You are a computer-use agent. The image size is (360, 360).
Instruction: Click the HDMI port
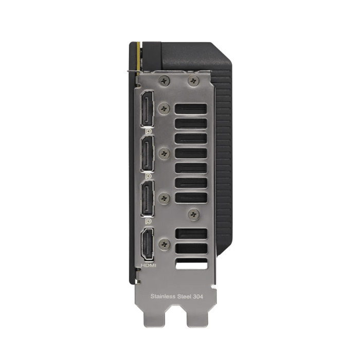pyautogui.click(x=148, y=244)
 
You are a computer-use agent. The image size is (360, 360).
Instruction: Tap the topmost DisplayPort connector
pyautogui.click(x=147, y=109)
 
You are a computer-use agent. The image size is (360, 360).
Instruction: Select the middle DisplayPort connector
pyautogui.click(x=147, y=153)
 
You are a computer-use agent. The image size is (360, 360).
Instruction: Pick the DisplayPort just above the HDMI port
pyautogui.click(x=147, y=199)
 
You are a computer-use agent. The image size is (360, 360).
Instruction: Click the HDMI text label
pyautogui.click(x=148, y=265)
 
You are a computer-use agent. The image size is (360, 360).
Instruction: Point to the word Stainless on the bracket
pyautogui.click(x=163, y=296)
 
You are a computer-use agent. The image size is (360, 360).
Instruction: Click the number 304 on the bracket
pyautogui.click(x=197, y=297)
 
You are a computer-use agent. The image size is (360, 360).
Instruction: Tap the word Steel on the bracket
pyautogui.click(x=184, y=296)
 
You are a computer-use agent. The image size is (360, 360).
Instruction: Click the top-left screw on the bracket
pyautogui.click(x=164, y=81)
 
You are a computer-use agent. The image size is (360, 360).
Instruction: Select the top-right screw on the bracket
pyautogui.click(x=193, y=81)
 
